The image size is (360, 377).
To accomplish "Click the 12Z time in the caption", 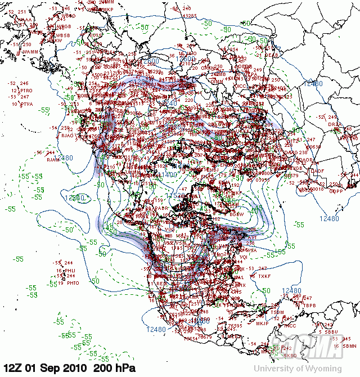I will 12,368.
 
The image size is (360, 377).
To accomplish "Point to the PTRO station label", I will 27,91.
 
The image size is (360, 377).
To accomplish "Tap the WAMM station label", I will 31,52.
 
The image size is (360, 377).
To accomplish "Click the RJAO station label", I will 68,135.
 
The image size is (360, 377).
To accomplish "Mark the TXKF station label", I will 265,276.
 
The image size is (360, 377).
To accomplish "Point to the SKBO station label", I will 290,356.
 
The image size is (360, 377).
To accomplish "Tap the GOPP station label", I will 336,191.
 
